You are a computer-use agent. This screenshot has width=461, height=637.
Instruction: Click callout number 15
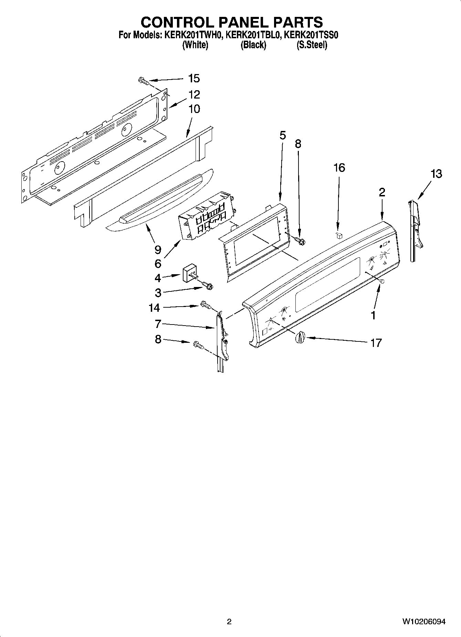[194, 79]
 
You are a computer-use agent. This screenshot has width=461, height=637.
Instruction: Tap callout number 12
[194, 94]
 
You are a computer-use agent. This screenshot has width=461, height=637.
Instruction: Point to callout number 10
[194, 109]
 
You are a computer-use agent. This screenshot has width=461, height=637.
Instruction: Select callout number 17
[376, 343]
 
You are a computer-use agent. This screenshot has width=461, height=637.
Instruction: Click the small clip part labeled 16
[339, 235]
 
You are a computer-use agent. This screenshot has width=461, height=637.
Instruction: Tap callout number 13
[436, 174]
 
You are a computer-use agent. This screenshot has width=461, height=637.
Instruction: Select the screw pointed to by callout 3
[208, 285]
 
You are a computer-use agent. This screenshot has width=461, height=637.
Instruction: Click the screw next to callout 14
[205, 305]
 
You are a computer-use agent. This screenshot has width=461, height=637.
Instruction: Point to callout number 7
[158, 324]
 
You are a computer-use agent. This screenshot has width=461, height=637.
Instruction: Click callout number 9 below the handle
[158, 249]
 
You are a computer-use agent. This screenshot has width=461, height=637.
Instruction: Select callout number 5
[282, 135]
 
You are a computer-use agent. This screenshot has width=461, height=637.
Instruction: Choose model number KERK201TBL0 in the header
[253, 35]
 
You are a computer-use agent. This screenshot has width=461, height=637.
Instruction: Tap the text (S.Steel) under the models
[312, 45]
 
